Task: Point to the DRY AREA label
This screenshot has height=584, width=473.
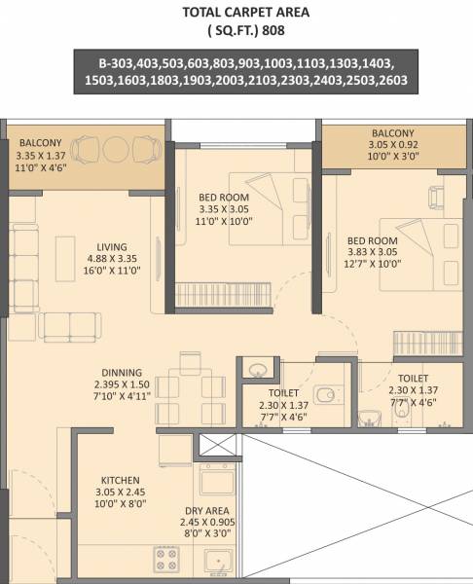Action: pos(205,508)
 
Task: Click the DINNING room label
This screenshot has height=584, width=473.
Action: pos(122,372)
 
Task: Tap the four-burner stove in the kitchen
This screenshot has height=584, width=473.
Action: pos(164,557)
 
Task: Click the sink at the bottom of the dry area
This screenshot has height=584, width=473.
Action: pos(215,562)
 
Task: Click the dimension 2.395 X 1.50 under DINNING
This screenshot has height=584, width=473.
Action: pos(121,385)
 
